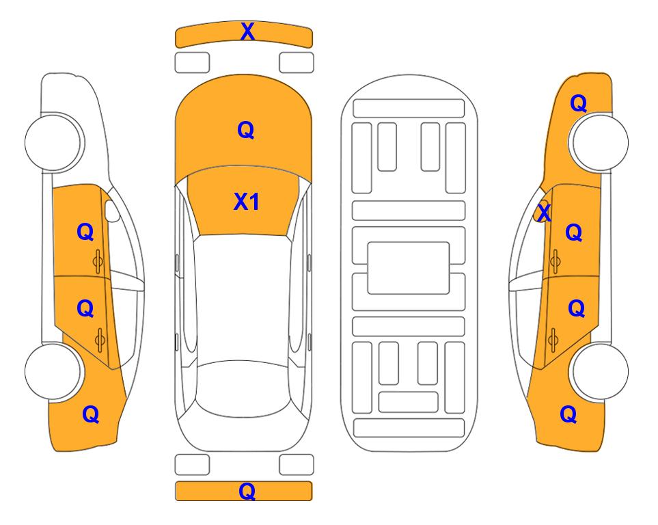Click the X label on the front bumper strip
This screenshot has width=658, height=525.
pos(247,31)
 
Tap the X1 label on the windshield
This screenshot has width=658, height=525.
pos(247,202)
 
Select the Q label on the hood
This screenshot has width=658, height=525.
pos(246,130)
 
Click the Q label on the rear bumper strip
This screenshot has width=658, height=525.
pos(247,491)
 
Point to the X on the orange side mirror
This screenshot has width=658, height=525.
pos(544,212)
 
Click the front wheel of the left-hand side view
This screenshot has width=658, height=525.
pos(53,142)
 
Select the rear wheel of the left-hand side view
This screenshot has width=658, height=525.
pos(53,371)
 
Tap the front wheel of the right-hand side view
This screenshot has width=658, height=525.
pos(600,142)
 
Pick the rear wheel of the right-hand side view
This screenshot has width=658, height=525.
pos(600,371)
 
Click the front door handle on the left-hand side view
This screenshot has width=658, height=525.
pos(98,261)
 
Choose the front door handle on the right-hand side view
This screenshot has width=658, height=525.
pos(556,261)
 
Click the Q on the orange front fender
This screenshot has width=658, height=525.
pos(578,103)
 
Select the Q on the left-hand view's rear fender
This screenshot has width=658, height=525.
pos(91,414)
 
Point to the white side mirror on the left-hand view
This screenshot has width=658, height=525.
pos(111,211)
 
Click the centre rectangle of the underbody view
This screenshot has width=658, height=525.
pos(409,268)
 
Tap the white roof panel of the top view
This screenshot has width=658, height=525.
pos(243,298)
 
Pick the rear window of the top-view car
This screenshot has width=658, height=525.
pos(243,388)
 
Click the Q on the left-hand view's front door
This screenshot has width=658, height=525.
pos(85,232)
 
